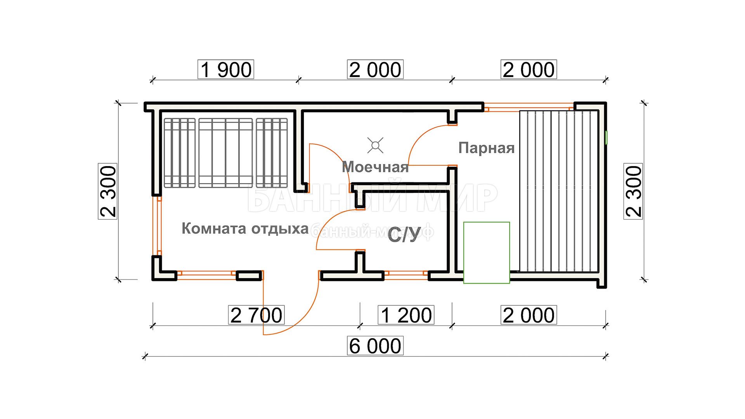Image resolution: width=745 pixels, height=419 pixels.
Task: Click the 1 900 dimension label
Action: point(226,70)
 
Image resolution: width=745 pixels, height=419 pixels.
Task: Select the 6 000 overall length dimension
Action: point(375,346)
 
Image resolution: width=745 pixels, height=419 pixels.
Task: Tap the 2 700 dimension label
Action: point(256,315)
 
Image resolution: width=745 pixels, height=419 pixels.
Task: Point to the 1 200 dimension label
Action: point(406,315)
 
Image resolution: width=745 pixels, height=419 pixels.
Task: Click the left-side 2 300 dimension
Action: point(108,191)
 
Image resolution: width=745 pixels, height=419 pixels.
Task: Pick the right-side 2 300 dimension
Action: point(633,191)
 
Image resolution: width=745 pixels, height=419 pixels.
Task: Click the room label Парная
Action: point(487,148)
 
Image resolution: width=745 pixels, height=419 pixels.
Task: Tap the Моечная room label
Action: point(375,167)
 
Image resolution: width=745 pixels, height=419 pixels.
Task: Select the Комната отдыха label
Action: point(245,229)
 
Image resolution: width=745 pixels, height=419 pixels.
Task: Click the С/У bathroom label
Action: point(404,234)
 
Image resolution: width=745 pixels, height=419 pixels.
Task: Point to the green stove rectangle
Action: point(487,253)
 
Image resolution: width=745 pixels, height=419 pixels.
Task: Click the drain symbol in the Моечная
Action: point(375,145)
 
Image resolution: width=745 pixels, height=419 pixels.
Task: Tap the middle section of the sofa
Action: point(225,153)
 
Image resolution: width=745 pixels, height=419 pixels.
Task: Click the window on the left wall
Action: point(159,226)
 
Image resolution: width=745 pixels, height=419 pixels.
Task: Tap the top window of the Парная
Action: point(528,107)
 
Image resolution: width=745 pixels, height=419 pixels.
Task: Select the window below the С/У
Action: point(406,275)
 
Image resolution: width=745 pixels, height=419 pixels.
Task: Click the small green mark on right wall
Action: point(606,138)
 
